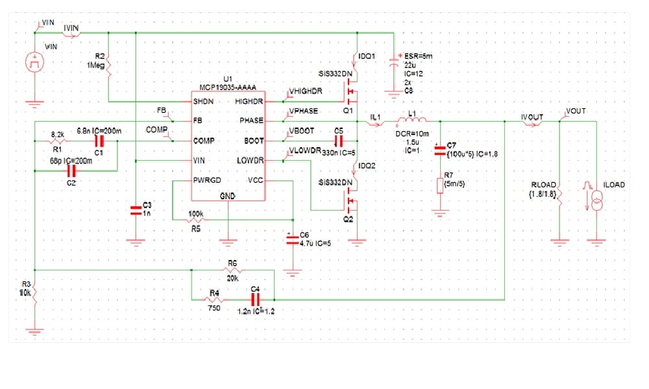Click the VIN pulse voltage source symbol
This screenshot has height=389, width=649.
(x=33, y=63)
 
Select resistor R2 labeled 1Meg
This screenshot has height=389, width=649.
(x=109, y=67)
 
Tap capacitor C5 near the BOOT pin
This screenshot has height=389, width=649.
(x=338, y=140)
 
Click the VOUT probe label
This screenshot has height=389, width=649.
(x=576, y=111)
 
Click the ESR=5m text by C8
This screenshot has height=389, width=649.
(x=413, y=56)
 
